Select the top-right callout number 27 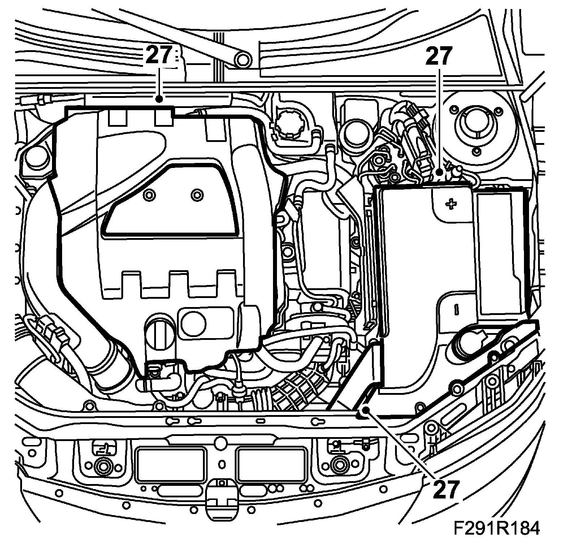pyautogui.click(x=438, y=56)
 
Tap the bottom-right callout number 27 pyautogui.click(x=446, y=489)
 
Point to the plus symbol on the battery pyautogui.click(x=451, y=204)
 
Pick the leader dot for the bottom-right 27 pyautogui.click(x=366, y=410)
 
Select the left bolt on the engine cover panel pyautogui.click(x=148, y=195)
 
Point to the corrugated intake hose pyautogui.click(x=296, y=392)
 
